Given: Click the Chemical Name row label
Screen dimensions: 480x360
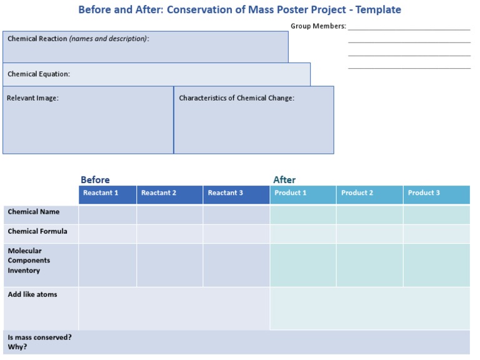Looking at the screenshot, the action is click(x=34, y=212).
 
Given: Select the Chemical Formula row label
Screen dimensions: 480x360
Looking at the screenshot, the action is click(x=37, y=231).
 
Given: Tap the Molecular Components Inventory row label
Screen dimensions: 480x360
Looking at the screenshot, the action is click(x=29, y=261).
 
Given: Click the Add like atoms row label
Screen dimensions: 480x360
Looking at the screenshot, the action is click(x=32, y=294).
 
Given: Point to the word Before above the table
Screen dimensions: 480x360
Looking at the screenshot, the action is click(x=95, y=180).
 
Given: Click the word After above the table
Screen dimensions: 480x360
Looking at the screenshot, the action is click(x=284, y=180).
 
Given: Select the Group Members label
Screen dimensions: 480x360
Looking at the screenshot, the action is click(x=318, y=26).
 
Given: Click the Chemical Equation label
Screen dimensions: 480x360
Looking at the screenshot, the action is click(x=39, y=74).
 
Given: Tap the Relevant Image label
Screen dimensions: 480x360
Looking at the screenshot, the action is click(x=32, y=98).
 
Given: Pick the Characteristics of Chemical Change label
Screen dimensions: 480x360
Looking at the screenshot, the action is click(x=237, y=98).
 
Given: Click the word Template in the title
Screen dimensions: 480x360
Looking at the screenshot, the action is click(x=378, y=10).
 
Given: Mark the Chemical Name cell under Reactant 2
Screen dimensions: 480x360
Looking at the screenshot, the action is click(x=169, y=214).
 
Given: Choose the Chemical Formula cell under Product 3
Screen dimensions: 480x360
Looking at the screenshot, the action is click(x=436, y=234).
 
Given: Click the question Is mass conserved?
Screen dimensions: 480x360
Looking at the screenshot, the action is click(x=39, y=337).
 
